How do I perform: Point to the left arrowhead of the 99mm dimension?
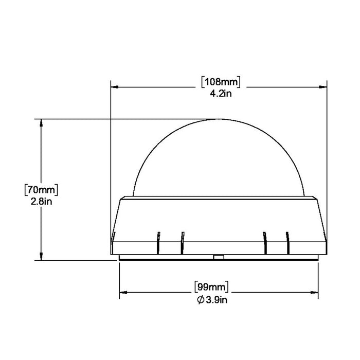(124, 294)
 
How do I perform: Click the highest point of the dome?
(219, 120)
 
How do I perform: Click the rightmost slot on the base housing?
(287, 242)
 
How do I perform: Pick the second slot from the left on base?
(182, 242)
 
